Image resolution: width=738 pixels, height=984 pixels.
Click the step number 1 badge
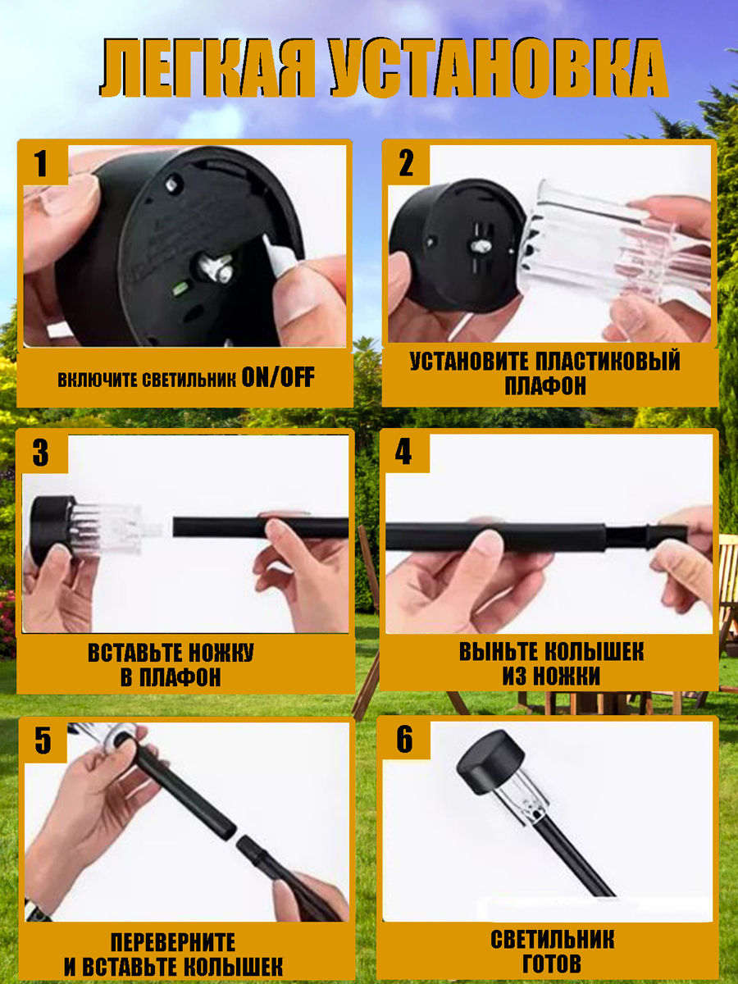pos(42,164)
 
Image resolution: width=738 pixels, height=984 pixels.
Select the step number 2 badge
pos(407,164)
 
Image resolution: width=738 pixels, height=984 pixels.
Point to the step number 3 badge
pos(41,453)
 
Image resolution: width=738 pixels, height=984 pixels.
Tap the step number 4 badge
pos(403,453)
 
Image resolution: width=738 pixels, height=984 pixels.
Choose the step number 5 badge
pos(43,741)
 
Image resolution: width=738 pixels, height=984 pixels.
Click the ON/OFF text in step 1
pos(278,377)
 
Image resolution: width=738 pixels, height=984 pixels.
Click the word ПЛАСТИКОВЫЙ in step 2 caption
pos(608,362)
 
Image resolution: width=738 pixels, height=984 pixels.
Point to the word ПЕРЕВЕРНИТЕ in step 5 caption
pos(173,942)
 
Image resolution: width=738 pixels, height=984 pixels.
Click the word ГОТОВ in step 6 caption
pos(552,963)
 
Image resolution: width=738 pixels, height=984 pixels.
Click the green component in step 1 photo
pos(180,289)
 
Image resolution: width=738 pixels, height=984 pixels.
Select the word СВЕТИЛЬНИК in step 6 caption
pos(552,939)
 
